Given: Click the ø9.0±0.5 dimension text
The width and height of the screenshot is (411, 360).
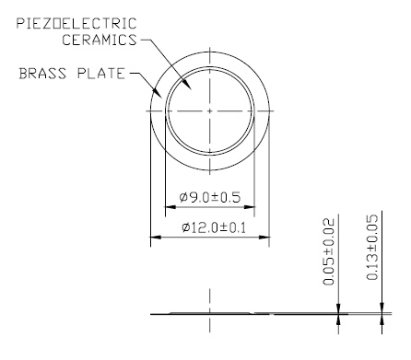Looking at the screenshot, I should pos(209,197).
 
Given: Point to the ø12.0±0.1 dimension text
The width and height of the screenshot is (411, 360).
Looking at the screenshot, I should pos(210,227).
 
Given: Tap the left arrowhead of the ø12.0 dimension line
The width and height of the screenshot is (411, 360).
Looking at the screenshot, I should pos(153,238).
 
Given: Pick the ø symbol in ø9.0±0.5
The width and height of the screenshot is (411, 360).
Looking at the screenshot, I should pos(182,197).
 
